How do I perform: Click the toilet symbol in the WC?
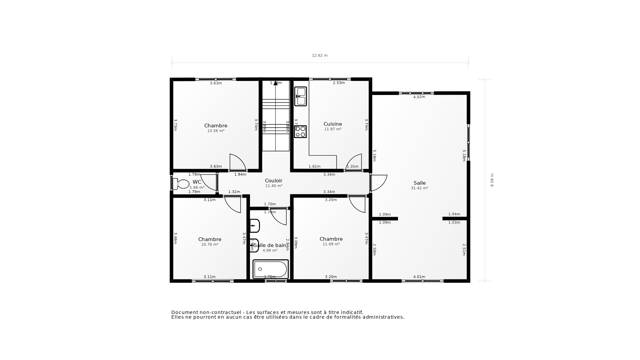(181, 184)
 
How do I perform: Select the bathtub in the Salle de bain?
(270, 269)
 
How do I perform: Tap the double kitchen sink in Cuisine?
(300, 96)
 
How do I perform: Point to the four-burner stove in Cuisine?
(300, 132)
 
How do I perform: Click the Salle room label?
(419, 183)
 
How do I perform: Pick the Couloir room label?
(273, 181)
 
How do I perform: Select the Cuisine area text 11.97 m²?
(333, 129)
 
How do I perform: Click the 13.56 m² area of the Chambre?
(216, 131)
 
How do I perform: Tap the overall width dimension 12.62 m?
(320, 56)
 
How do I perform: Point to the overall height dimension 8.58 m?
(492, 180)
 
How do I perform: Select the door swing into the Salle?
(379, 183)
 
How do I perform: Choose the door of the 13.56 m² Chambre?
(237, 163)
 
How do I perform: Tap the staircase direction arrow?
(276, 83)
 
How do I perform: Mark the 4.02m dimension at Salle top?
(419, 97)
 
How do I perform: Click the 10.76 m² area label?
(210, 245)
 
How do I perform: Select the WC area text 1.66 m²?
(197, 188)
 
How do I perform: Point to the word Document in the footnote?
(184, 312)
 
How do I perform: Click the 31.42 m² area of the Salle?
(419, 188)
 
